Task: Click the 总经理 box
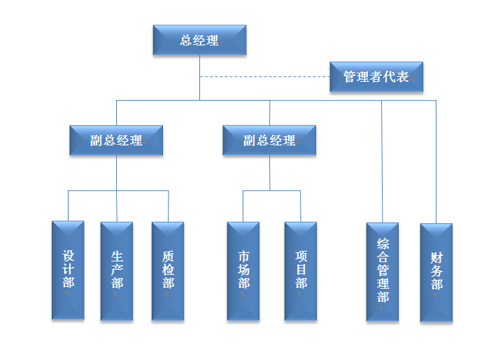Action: (x=199, y=40)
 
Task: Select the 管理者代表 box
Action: (x=376, y=76)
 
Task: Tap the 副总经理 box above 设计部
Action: (x=116, y=141)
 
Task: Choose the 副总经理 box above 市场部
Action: (x=269, y=141)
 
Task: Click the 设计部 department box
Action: (x=68, y=271)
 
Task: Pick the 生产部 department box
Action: (x=117, y=271)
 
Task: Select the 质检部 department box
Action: (x=168, y=271)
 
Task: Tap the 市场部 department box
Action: (x=243, y=271)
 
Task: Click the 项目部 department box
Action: (x=301, y=271)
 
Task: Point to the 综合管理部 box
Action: (x=383, y=272)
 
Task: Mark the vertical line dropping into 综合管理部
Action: (x=382, y=161)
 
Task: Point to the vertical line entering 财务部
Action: (x=436, y=161)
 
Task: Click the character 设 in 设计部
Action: (x=68, y=255)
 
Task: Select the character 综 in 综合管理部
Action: (x=383, y=244)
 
